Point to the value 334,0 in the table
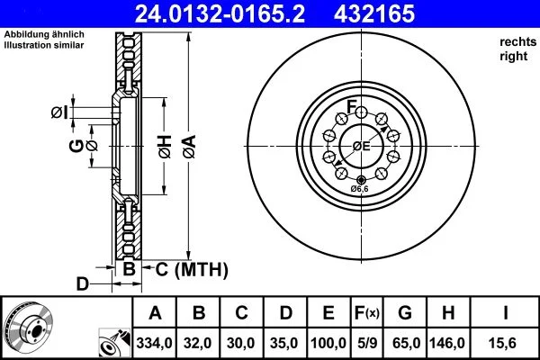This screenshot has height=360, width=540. point(156,344)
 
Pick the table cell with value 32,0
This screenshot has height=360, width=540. point(200,344)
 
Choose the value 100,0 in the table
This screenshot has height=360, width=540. point(328,344)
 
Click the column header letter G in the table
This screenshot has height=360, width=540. point(406,314)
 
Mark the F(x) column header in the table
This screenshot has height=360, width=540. point(369,314)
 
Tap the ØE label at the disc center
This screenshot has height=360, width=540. point(361,146)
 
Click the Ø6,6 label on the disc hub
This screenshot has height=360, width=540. point(359,188)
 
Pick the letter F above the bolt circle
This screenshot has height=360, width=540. point(353,102)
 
